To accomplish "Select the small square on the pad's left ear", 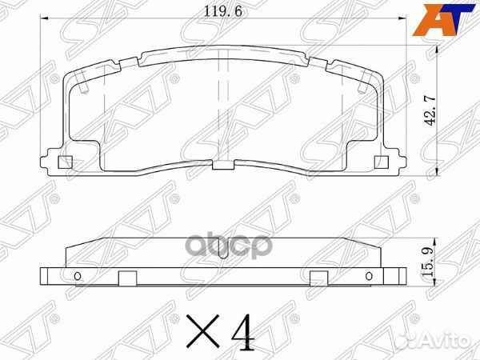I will coord(67,163).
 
